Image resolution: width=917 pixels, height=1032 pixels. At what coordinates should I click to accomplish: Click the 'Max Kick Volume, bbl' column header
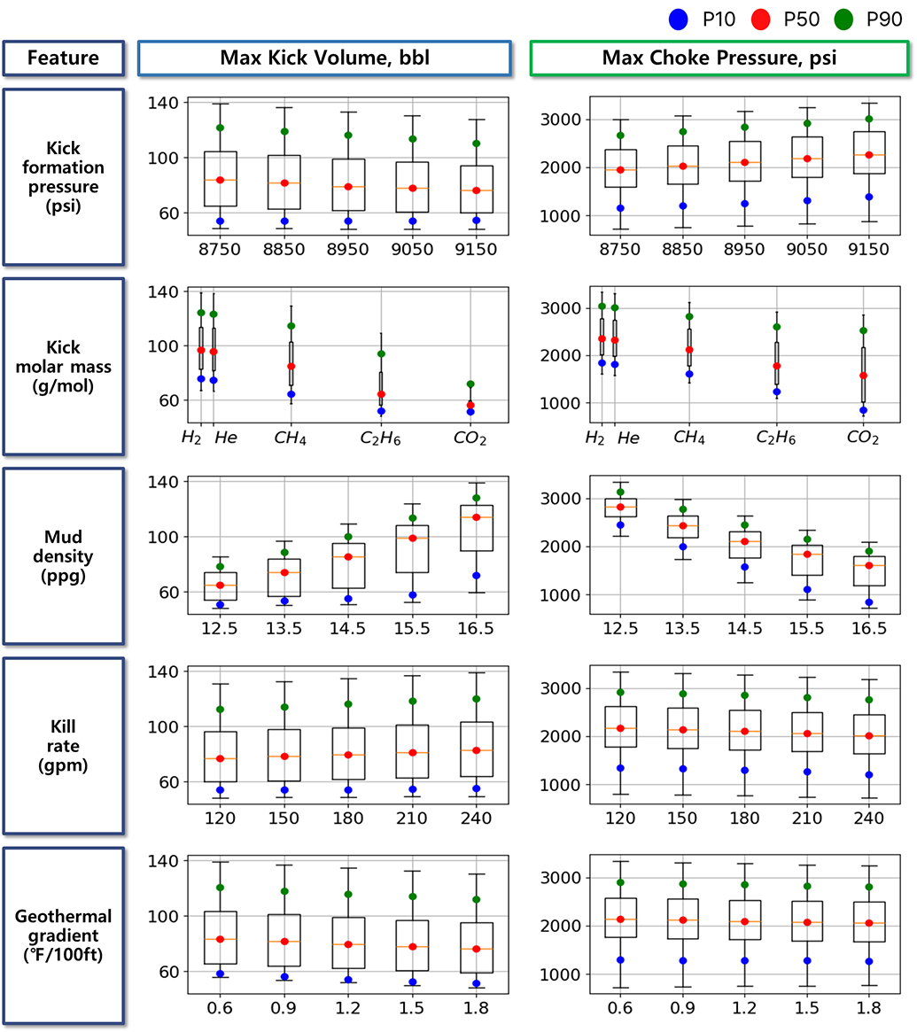[323, 58]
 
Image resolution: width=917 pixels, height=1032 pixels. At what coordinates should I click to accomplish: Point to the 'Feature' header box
[62, 58]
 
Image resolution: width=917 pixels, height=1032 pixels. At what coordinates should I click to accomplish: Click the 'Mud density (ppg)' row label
[64, 555]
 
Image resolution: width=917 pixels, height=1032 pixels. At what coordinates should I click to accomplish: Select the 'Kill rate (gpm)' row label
[64, 745]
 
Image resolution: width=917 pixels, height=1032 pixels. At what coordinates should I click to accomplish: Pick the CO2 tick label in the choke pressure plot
[861, 438]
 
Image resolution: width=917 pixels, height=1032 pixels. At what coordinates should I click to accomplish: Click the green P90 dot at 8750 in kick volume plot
[220, 128]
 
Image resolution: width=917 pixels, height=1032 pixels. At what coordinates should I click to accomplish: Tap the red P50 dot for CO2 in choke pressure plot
[863, 376]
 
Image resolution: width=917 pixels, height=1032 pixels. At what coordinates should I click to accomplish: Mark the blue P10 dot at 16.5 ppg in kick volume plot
[477, 576]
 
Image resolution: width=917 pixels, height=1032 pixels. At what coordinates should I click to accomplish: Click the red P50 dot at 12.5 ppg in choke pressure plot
[620, 507]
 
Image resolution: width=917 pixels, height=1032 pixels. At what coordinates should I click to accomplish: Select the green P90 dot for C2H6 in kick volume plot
[381, 353]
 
